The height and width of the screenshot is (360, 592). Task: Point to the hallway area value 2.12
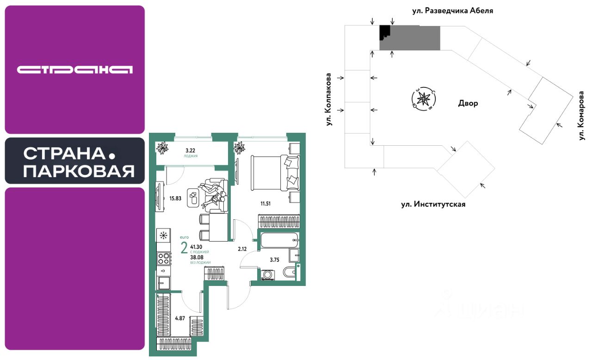coord(242,249)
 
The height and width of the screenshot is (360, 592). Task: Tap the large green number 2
coord(185,248)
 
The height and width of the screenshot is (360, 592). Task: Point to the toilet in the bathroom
coord(289,273)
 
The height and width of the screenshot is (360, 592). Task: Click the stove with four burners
coord(164,258)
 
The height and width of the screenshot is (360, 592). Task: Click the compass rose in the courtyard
coord(423,99)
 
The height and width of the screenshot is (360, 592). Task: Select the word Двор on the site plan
coord(469,103)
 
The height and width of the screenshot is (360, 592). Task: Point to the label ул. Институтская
coord(433,204)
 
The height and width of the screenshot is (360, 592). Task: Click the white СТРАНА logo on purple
coord(75,69)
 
